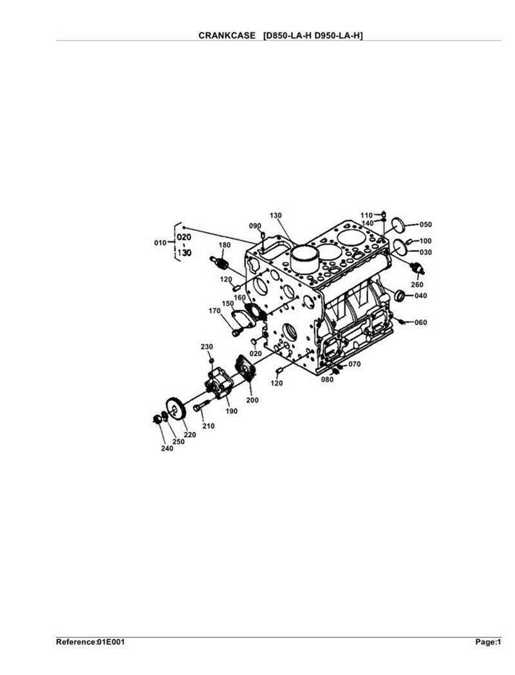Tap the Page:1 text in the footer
tap(488, 642)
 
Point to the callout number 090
tap(256, 226)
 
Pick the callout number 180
tap(225, 245)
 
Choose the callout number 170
tap(214, 311)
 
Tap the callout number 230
tap(207, 347)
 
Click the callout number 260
tap(417, 284)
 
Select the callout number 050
tap(426, 225)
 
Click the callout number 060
tap(420, 322)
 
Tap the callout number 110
tap(366, 214)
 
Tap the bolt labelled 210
tap(200, 407)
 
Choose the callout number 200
tap(252, 400)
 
